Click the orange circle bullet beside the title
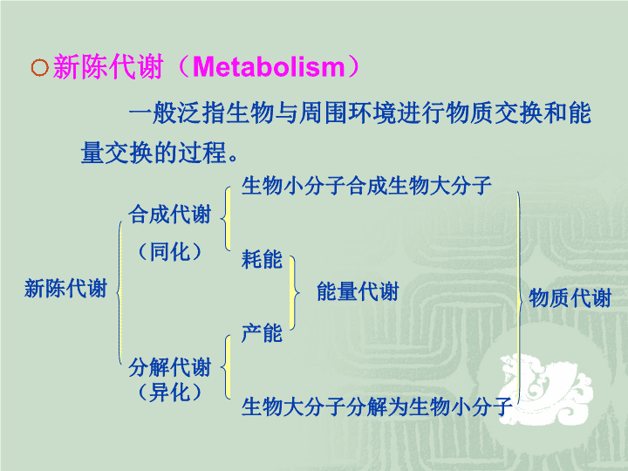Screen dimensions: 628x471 pyautogui.click(x=39, y=67)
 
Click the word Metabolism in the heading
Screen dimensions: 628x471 pyautogui.click(x=269, y=67)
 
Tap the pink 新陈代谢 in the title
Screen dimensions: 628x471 pyautogui.click(x=108, y=66)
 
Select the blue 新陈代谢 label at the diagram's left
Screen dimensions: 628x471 pyautogui.click(x=65, y=289)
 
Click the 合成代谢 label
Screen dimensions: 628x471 pyautogui.click(x=170, y=214)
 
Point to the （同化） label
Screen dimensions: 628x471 pyautogui.click(x=170, y=252)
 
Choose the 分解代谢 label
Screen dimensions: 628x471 pyautogui.click(x=170, y=367)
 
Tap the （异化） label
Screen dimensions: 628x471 pyautogui.click(x=170, y=392)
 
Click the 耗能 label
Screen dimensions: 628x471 pyautogui.click(x=262, y=259)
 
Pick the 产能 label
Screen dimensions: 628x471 pyautogui.click(x=262, y=333)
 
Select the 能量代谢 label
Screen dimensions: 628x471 pyautogui.click(x=358, y=291)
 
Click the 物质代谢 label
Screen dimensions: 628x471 pyautogui.click(x=570, y=298)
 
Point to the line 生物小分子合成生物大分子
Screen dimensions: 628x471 pyautogui.click(x=366, y=186)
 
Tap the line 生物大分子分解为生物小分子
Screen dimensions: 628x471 pyautogui.click(x=377, y=406)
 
